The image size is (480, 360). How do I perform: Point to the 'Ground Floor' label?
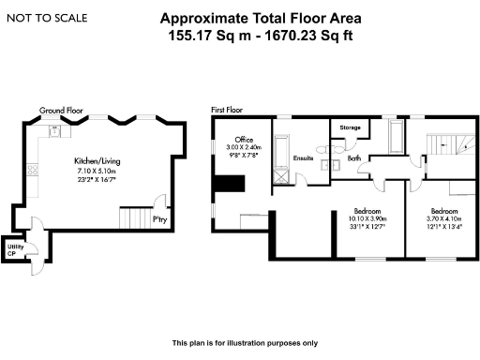click(61, 111)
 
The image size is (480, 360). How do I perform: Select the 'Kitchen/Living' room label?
click(96, 161)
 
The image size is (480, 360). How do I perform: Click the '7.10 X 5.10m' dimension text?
click(96, 172)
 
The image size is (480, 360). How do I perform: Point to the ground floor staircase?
click(133, 219)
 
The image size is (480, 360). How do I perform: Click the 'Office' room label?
click(244, 139)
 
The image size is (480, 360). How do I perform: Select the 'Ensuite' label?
click(302, 158)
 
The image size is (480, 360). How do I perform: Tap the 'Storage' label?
click(351, 127)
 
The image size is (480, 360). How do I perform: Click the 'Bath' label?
click(354, 158)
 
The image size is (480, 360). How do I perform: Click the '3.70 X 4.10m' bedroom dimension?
click(443, 219)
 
